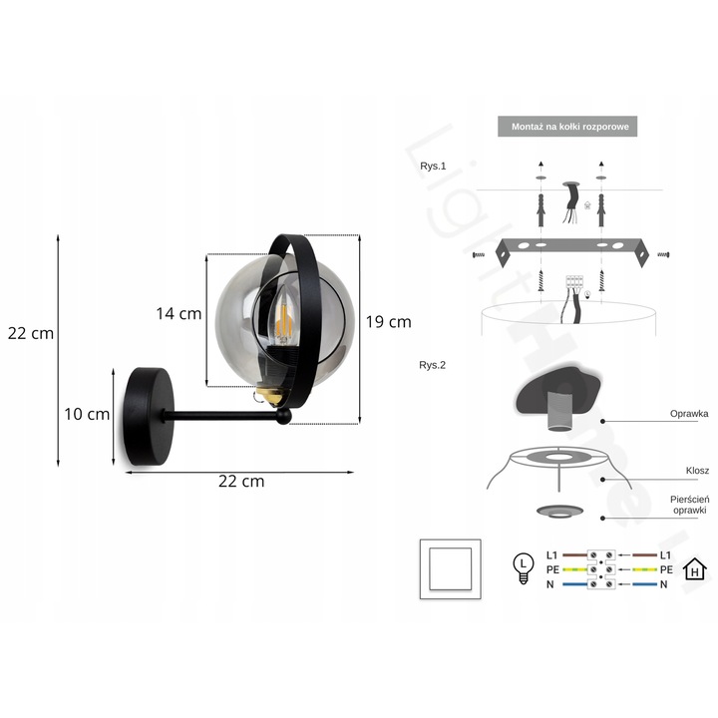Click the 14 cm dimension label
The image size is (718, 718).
179,314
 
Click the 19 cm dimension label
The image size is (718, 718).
388,322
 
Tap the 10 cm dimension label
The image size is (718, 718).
87,414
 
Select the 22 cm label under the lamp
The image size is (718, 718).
241,482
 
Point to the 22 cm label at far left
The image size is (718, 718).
31,333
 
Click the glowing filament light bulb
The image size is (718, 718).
283,316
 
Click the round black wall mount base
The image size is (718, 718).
148,416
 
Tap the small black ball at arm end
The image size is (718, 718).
283,416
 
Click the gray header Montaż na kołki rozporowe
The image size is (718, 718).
567,127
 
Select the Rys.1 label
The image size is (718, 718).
433,166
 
